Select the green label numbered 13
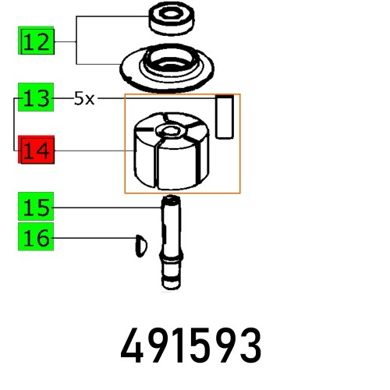tap(37, 99)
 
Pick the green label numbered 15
tap(37, 207)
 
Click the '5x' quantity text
tap(84, 99)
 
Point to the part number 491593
tap(190, 345)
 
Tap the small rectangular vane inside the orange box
tap(225, 117)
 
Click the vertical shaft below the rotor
tap(171, 242)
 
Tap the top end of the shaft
tap(171, 201)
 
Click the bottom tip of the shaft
tap(171, 283)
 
